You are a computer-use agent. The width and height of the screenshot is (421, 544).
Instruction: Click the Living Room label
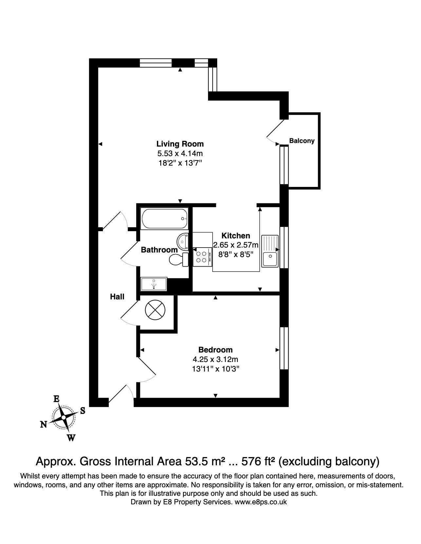pyautogui.click(x=180, y=144)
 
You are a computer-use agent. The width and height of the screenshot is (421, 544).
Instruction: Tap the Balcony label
pyautogui.click(x=302, y=141)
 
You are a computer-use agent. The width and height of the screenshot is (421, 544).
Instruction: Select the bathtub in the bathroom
pyautogui.click(x=164, y=218)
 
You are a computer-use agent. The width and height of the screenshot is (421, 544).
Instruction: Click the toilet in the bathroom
pyautogui.click(x=179, y=259)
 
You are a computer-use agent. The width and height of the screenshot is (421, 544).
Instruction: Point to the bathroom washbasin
pyautogui.click(x=183, y=242)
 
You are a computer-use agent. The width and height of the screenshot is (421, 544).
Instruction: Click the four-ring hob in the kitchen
pyautogui.click(x=202, y=257)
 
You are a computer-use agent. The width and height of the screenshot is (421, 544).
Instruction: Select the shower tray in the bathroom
pyautogui.click(x=154, y=284)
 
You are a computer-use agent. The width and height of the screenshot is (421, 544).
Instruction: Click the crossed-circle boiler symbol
pyautogui.click(x=155, y=310)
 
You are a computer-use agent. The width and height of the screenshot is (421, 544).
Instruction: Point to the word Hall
pyautogui.click(x=117, y=297)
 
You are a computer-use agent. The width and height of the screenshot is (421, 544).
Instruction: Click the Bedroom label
pyautogui.click(x=215, y=350)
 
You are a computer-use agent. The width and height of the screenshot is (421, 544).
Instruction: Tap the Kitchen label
pyautogui.click(x=236, y=235)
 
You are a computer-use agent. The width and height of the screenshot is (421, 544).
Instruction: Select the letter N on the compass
pyautogui.click(x=44, y=424)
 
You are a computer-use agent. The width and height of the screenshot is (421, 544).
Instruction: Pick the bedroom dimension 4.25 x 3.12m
pyautogui.click(x=215, y=359)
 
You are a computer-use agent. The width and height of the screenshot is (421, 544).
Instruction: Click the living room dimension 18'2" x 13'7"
pyautogui.click(x=180, y=163)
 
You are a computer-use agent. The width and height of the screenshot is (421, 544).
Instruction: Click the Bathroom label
pyautogui.click(x=159, y=250)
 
